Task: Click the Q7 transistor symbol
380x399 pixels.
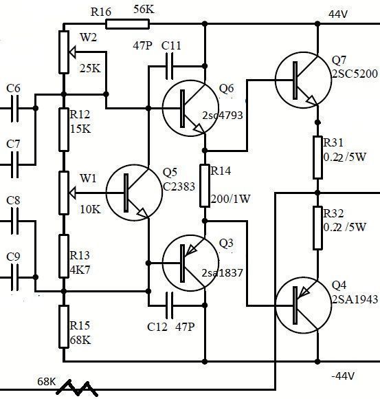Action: (303, 80)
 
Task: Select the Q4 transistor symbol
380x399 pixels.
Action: (303, 305)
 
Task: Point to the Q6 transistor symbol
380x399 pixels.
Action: (190, 109)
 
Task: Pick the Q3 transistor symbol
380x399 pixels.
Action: (190, 263)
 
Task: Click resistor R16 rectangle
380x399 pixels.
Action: (127, 24)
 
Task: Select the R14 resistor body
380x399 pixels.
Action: (205, 186)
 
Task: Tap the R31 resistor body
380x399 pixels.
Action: (317, 158)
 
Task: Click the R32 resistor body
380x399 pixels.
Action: (317, 228)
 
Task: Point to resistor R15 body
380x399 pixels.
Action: (64, 327)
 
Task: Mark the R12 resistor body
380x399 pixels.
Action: (64, 130)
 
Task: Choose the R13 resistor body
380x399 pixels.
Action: (64, 256)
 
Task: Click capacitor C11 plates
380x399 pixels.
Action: (170, 66)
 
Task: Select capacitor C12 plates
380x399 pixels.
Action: (170, 305)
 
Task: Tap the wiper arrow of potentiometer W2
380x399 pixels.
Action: (72, 52)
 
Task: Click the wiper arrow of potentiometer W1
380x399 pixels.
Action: (72, 193)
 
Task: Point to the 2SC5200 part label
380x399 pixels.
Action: (355, 74)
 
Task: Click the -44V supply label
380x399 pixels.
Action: (343, 376)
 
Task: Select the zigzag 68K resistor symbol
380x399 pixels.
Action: (76, 388)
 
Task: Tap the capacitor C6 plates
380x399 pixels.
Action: (14, 109)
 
